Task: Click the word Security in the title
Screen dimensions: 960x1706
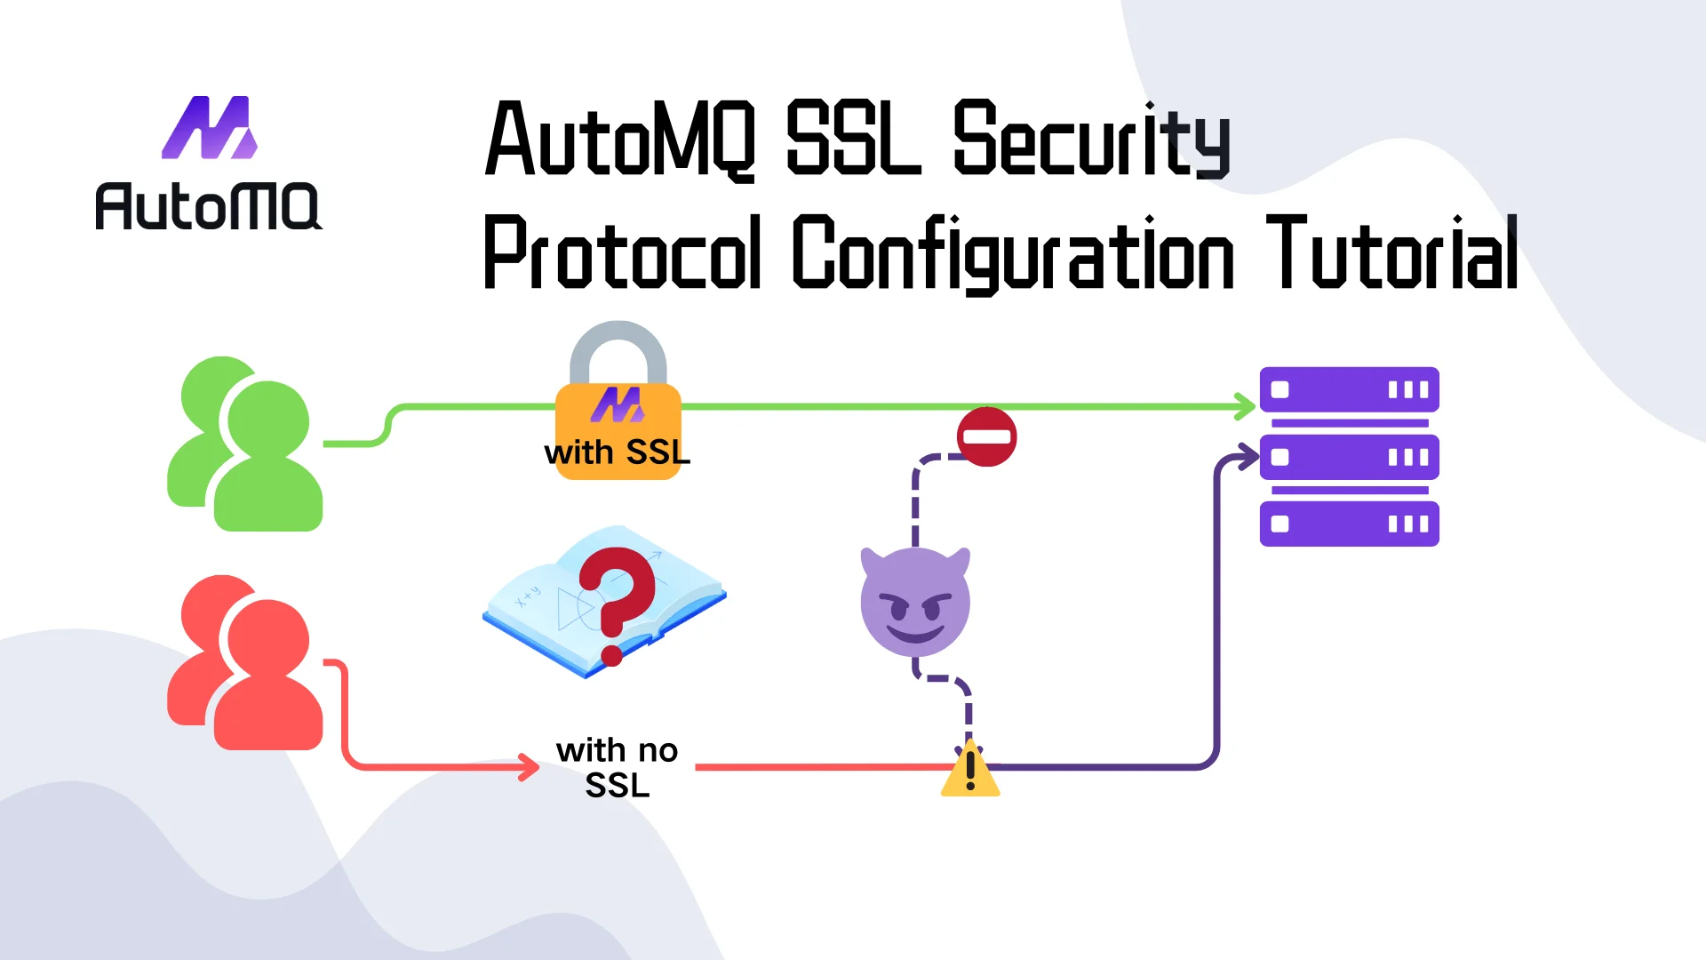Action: (x=1091, y=140)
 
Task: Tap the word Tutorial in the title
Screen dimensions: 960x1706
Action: (x=1391, y=254)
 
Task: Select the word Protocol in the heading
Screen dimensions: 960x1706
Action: (x=622, y=254)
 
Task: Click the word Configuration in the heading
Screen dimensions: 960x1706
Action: (x=1013, y=254)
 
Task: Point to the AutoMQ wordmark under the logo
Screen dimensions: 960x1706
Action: (x=208, y=206)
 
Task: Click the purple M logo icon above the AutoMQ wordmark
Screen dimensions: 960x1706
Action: (x=210, y=128)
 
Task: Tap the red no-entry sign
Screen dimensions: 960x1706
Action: (x=986, y=436)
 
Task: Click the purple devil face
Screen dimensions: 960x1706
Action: (x=915, y=602)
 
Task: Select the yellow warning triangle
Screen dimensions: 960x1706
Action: (x=970, y=770)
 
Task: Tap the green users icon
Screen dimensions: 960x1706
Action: (x=245, y=444)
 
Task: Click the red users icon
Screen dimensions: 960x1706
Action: (x=245, y=662)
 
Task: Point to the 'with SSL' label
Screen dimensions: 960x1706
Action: (x=618, y=452)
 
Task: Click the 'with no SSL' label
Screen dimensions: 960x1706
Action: (x=618, y=768)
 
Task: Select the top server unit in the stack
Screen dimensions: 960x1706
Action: (x=1349, y=389)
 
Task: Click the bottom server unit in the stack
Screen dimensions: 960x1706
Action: (x=1349, y=524)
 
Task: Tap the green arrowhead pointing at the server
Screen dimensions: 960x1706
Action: (x=1246, y=406)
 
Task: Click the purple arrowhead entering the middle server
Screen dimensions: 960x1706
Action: (x=1248, y=458)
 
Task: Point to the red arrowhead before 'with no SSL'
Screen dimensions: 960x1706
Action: (x=530, y=766)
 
